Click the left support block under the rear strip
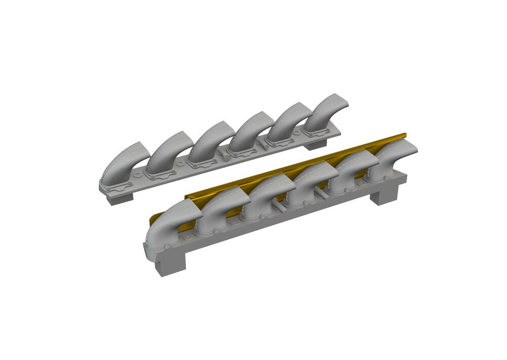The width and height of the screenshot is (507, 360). click(120, 198)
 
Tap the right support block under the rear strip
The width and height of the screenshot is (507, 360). click(315, 145)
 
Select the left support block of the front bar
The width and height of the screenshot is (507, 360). click(170, 264)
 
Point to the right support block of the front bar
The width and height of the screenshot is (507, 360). click(384, 195)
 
